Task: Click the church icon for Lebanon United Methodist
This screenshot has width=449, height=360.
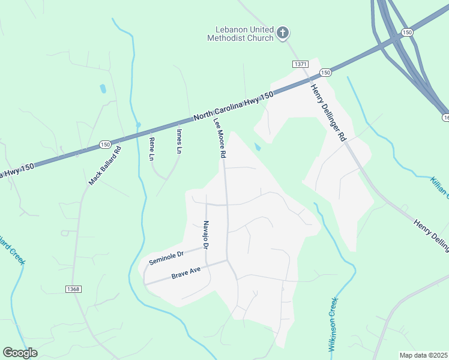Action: pyautogui.click(x=283, y=32)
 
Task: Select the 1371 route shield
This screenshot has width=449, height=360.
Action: pyautogui.click(x=301, y=64)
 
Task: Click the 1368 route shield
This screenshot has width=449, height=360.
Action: pyautogui.click(x=73, y=289)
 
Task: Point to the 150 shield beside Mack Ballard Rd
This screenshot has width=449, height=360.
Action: pyautogui.click(x=105, y=145)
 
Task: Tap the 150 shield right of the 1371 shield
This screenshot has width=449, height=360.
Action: pyautogui.click(x=325, y=72)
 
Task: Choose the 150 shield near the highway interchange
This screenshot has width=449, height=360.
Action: pyautogui.click(x=408, y=31)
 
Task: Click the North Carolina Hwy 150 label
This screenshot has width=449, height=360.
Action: pyautogui.click(x=233, y=107)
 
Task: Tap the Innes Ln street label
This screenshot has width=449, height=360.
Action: pyautogui.click(x=179, y=140)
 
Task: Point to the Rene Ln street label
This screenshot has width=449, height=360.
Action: pyautogui.click(x=151, y=149)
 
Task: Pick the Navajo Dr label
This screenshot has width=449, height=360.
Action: pyautogui.click(x=205, y=235)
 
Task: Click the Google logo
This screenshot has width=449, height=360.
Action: pyautogui.click(x=20, y=353)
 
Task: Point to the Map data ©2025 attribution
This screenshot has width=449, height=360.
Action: pyautogui.click(x=423, y=355)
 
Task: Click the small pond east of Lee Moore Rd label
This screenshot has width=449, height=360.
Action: pyautogui.click(x=258, y=146)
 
